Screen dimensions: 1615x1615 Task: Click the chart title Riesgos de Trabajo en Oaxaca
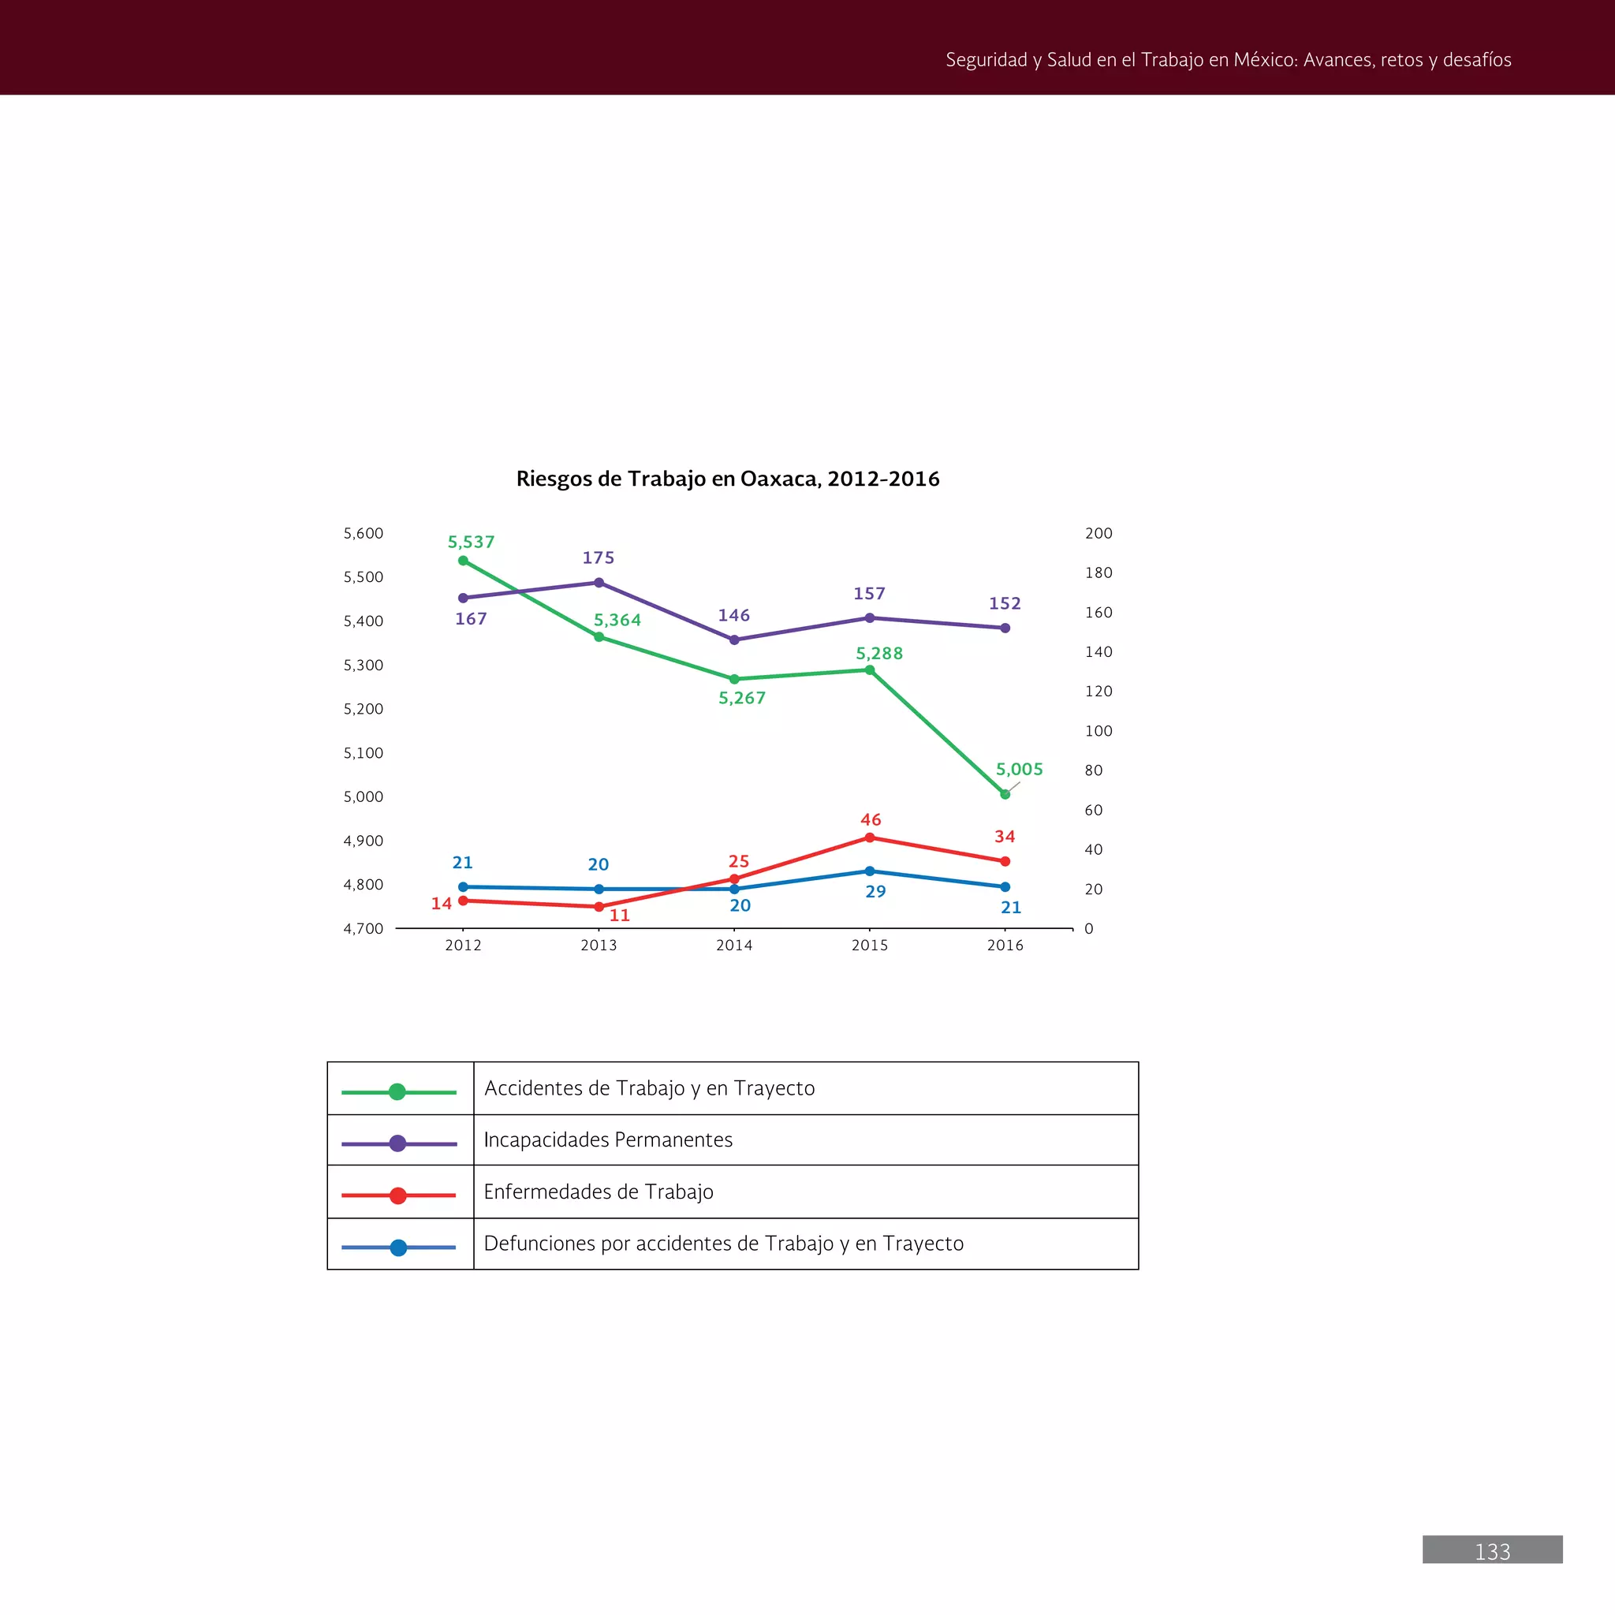[x=727, y=479]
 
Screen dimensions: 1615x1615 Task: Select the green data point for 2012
[x=463, y=561]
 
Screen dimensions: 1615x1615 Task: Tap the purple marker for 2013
[x=599, y=583]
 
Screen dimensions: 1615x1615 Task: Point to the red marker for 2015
[x=869, y=837]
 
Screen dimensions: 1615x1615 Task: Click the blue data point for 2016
[x=1005, y=887]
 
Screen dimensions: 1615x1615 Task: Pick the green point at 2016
[x=1005, y=794]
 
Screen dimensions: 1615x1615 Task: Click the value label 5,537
[x=471, y=542]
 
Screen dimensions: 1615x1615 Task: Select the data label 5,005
[x=1019, y=769]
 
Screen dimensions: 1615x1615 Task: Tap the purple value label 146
[x=734, y=615]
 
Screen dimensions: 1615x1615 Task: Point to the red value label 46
[x=871, y=820]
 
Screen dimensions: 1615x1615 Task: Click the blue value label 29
[x=875, y=892]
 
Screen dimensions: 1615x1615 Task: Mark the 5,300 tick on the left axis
[x=363, y=666]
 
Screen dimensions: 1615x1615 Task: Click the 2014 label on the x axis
[x=734, y=946]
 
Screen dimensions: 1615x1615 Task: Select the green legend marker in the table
[x=398, y=1091]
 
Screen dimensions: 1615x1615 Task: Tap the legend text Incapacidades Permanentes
[x=608, y=1140]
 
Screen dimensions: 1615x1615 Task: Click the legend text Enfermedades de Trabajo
[x=599, y=1192]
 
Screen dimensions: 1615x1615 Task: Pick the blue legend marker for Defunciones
[x=399, y=1248]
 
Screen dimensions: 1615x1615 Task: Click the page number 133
[x=1492, y=1552]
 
